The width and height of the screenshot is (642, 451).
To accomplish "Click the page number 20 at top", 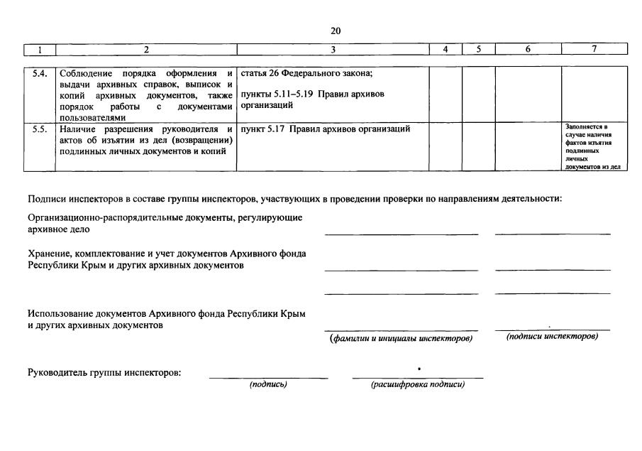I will [336, 30].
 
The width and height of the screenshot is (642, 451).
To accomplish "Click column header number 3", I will [333, 49].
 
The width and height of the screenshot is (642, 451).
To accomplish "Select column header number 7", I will [594, 49].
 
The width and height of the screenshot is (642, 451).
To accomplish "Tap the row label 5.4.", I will [40, 72].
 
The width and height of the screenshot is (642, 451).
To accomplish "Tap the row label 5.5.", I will [40, 129].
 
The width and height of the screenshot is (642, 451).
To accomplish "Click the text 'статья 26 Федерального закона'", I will [306, 72].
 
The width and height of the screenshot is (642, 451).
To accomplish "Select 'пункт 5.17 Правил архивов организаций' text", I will [326, 129].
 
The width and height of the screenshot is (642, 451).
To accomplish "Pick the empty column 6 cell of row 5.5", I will [528, 146].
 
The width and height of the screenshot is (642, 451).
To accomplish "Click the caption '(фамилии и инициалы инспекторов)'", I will [401, 338].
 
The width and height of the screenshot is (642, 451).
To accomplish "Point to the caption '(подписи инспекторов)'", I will [552, 336].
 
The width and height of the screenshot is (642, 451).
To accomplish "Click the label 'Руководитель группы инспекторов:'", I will [104, 373].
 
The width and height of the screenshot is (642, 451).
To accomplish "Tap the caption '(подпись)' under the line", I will [267, 385].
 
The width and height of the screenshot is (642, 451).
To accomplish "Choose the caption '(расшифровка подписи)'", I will [417, 385].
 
